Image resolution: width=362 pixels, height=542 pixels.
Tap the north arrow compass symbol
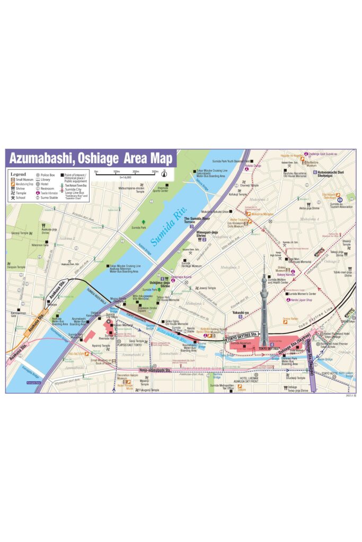pyautogui.click(x=164, y=171)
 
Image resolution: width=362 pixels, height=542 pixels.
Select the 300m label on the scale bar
pyautogui.click(x=155, y=171)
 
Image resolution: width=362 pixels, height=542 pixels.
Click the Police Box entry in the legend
pyautogui.click(x=47, y=175)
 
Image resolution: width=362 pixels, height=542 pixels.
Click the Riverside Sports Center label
pyautogui.click(x=162, y=188)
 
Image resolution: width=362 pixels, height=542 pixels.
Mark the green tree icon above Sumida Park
pyautogui.click(x=143, y=222)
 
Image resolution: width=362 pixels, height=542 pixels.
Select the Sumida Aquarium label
pyautogui.click(x=241, y=343)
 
